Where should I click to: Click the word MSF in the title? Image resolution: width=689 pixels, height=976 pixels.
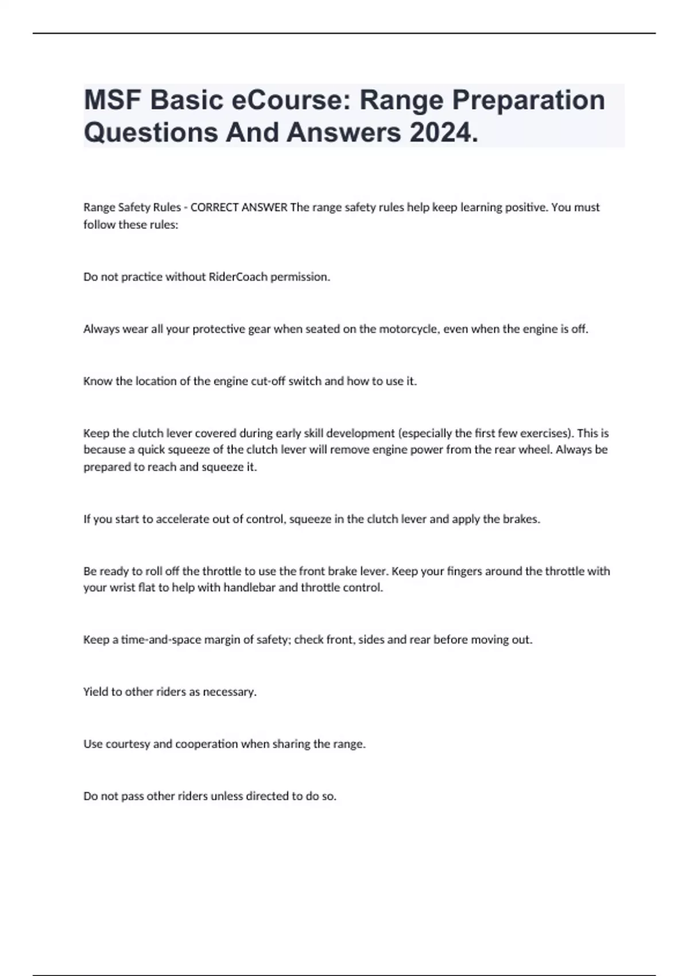click(x=112, y=100)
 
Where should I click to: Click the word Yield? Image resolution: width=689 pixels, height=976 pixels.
click(x=95, y=692)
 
